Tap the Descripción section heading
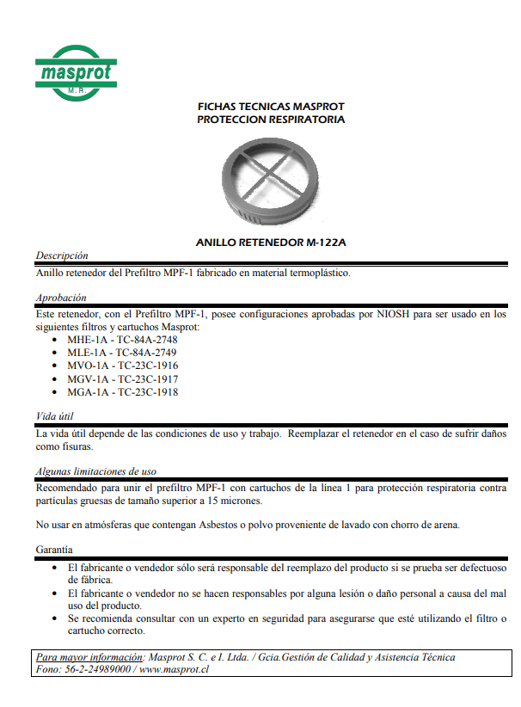coord(61,255)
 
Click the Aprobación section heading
coord(60,298)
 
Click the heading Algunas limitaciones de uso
coord(95,471)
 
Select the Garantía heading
coord(54,549)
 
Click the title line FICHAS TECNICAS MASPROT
coord(271,107)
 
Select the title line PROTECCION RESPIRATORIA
coord(271,120)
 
